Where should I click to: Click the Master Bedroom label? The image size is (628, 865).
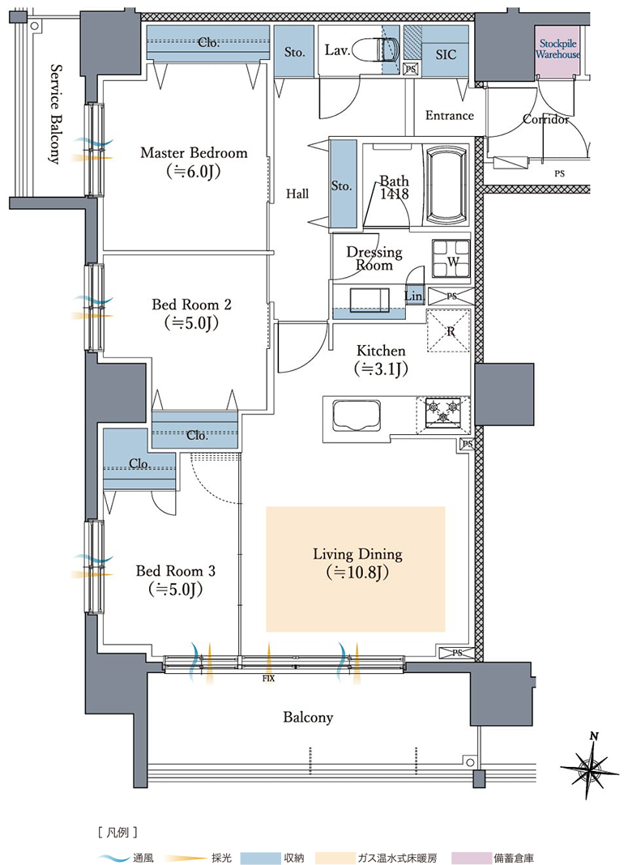pos(194,153)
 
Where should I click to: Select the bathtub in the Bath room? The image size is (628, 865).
pos(446,184)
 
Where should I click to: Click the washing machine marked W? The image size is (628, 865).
pos(451,258)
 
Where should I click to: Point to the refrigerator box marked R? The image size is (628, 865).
pos(449,330)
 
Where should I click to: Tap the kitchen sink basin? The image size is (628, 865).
pos(357,417)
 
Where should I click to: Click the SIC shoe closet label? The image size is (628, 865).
pos(446,54)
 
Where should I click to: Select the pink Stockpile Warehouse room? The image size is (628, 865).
pos(557,51)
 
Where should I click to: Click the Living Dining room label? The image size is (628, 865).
pos(357,554)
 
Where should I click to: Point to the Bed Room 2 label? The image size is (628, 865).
pos(191,305)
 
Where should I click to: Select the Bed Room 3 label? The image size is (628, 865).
pos(176,570)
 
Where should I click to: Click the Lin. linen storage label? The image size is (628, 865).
pos(414,296)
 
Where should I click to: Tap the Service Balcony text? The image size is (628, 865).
pos(55,114)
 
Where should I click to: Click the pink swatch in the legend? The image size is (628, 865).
pos(471,857)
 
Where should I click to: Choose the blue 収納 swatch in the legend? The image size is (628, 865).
pos(260,857)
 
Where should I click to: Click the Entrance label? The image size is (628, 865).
pos(450,115)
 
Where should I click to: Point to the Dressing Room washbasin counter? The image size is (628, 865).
pos(369,302)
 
